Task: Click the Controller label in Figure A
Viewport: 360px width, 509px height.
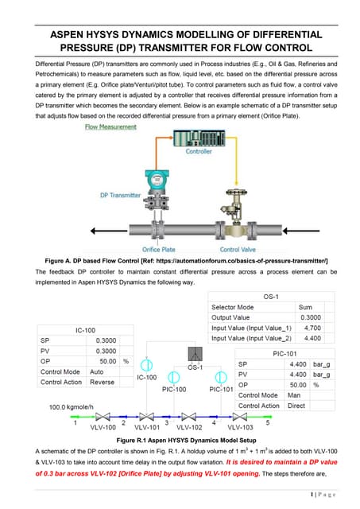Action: click(199, 151)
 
